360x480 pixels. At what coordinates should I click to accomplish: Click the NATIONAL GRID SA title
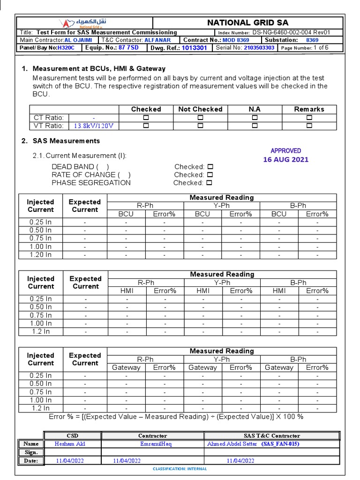pos(247,22)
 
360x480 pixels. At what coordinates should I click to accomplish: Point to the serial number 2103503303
pos(259,48)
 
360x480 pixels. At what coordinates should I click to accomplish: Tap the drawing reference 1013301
pos(194,48)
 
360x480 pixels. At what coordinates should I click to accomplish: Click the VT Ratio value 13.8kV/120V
pos(94,126)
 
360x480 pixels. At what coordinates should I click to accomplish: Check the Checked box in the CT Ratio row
pos(146,118)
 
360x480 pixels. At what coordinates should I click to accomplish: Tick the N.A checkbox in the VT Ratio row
pos(255,126)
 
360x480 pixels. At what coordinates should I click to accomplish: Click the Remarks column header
pos(309,109)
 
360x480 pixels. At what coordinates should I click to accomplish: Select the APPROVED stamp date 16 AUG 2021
pos(285,159)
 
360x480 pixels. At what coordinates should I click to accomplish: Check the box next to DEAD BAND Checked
pos(210,167)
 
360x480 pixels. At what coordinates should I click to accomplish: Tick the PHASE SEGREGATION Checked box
pos(209,183)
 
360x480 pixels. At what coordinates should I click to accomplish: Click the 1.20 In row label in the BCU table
pos(40,255)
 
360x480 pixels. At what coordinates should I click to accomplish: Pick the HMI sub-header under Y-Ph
pos(202,291)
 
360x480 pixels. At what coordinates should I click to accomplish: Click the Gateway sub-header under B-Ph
pos(279,368)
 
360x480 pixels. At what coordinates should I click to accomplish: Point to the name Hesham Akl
pos(70,444)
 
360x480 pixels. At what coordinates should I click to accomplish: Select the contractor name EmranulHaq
pos(156,444)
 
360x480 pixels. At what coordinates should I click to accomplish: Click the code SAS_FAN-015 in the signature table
pos(280,444)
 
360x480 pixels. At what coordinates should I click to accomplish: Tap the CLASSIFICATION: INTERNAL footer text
pos(180,469)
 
